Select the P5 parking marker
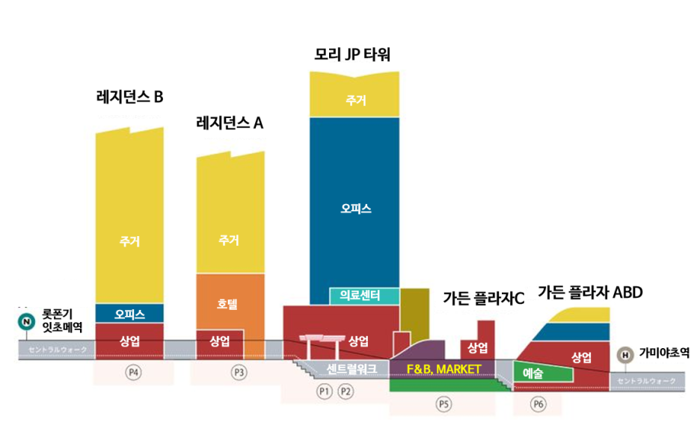443,404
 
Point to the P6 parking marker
538,404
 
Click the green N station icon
26,322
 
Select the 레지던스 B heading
129,96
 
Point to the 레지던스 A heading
230,122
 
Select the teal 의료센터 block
355,296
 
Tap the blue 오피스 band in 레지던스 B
129,313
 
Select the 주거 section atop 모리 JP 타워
354,100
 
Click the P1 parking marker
325,391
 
